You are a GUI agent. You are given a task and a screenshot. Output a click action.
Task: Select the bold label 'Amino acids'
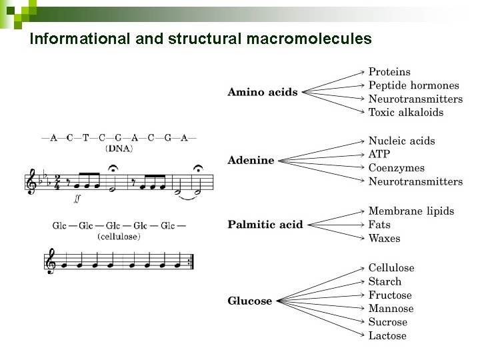(263, 92)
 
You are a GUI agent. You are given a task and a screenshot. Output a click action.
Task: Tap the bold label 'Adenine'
(251, 160)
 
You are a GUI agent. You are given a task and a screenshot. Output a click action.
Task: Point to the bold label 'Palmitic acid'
(265, 225)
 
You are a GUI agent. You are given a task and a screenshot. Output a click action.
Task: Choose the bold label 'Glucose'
(250, 301)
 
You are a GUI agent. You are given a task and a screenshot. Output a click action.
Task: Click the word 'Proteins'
(389, 72)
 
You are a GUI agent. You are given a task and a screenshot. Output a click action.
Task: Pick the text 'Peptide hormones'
(414, 85)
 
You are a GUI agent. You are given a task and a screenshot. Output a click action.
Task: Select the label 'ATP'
(379, 155)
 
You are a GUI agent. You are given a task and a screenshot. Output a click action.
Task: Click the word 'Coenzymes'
(396, 168)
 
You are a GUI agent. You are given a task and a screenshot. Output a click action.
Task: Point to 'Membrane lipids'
(411, 211)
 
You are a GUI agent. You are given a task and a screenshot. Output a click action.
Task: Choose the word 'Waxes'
(385, 239)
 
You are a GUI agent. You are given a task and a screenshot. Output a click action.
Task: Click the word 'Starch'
(385, 282)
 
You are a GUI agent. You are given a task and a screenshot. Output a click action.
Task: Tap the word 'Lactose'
(387, 336)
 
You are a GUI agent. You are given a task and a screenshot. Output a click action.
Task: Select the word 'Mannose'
(391, 309)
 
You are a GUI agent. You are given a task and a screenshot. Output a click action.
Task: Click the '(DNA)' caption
(119, 149)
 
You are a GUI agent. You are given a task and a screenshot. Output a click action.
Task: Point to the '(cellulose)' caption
(119, 236)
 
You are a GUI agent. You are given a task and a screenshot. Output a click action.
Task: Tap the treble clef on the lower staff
(51, 261)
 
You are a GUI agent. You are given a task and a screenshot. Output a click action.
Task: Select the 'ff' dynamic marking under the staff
(78, 198)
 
